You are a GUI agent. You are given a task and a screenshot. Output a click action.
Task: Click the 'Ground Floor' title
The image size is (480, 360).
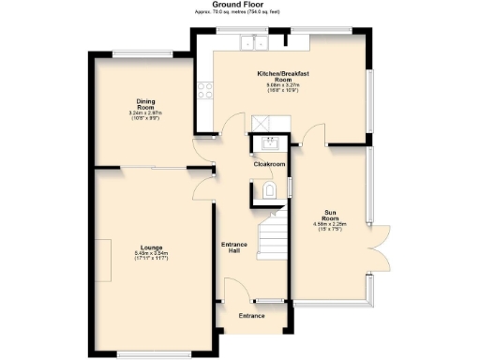pyautogui.click(x=240, y=5)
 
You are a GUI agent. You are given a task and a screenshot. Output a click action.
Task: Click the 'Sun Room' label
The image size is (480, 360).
pyautogui.click(x=329, y=215)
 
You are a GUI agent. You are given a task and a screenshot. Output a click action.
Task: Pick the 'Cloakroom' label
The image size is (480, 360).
pyautogui.click(x=269, y=164)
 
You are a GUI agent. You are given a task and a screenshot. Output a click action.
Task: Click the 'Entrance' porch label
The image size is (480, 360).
pyautogui.click(x=251, y=315)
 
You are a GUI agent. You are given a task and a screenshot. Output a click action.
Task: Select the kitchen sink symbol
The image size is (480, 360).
pyautogui.click(x=252, y=41)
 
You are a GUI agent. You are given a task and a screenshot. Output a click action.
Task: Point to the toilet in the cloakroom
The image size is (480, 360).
pyautogui.click(x=270, y=191)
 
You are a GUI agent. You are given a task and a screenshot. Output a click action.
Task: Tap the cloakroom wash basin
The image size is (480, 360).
pyautogui.click(x=271, y=143)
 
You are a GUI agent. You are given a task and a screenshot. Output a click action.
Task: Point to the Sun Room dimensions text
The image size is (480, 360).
pyautogui.click(x=329, y=228)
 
